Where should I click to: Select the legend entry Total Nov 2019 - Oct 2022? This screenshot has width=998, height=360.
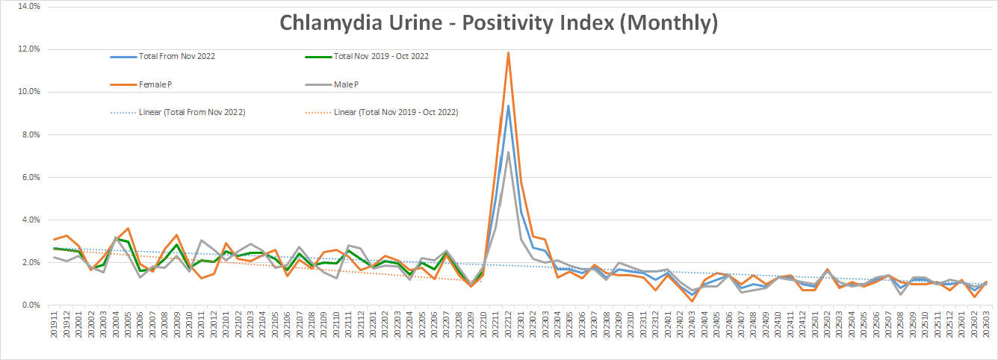click(x=381, y=56)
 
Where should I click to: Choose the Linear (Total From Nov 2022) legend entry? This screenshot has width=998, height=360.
click(x=193, y=112)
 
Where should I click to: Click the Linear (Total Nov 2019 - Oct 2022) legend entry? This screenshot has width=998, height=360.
click(x=396, y=112)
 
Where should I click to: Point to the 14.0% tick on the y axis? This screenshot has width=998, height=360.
click(x=27, y=7)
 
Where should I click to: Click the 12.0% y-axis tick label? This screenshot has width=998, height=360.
click(x=27, y=49)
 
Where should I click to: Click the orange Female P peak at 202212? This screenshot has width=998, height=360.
click(x=509, y=52)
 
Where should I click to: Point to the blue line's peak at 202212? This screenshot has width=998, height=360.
click(x=509, y=105)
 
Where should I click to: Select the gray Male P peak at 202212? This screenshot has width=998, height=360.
click(x=509, y=152)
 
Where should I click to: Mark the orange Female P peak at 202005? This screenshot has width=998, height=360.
click(x=128, y=228)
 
